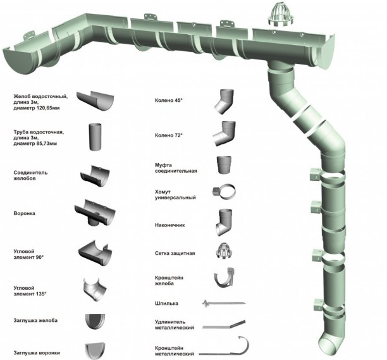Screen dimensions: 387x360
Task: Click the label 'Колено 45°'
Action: click(169, 101)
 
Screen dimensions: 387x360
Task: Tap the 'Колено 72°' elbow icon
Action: click(224, 133)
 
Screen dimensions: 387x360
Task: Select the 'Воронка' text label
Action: click(24, 213)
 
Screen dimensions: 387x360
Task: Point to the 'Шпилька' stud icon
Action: click(224, 303)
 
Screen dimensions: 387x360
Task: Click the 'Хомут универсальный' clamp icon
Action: click(224, 192)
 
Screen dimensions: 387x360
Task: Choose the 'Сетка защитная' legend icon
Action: click(224, 251)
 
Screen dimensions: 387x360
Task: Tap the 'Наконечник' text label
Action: click(170, 225)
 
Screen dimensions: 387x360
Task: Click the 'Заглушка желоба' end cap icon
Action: click(95, 321)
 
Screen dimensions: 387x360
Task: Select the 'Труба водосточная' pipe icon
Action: click(95, 137)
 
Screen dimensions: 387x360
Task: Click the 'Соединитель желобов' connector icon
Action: click(95, 176)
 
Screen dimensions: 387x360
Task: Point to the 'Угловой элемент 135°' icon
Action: click(95, 289)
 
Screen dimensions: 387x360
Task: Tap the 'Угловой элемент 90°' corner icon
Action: click(95, 253)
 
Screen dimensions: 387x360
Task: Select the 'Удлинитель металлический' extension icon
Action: click(224, 325)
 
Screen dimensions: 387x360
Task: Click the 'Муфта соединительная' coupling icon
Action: click(224, 164)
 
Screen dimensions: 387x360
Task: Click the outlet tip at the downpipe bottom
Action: click(328, 344)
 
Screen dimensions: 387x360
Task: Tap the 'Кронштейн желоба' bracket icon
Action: click(224, 278)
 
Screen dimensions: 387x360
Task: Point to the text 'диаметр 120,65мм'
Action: click(37, 108)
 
